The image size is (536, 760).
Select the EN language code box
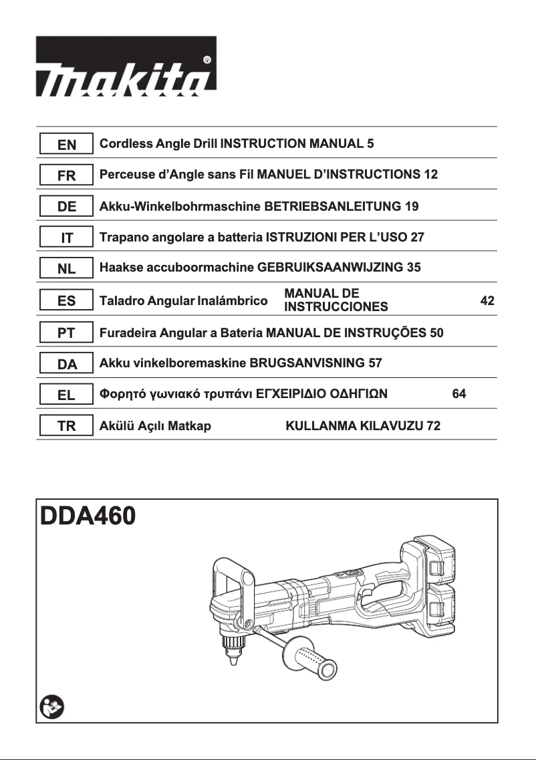[x=66, y=145]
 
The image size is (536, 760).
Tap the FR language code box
[x=66, y=176]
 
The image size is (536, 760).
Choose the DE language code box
[x=66, y=207]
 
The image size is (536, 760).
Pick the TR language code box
[x=66, y=426]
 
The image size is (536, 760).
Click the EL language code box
[x=66, y=395]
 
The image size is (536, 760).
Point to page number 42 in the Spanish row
[x=487, y=301]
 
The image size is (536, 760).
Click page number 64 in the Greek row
[x=458, y=394]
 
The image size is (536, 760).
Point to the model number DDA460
[x=88, y=516]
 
